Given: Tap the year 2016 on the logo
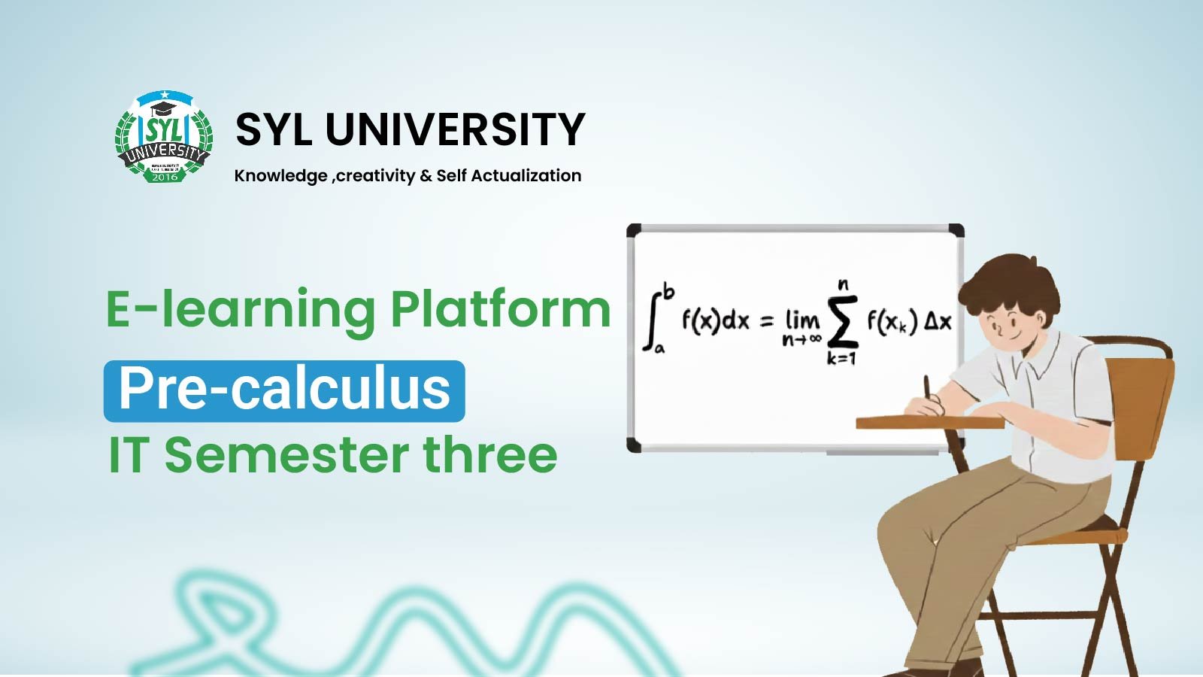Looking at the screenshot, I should pyautogui.click(x=165, y=177).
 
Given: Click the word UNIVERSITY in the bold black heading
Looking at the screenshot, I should pyautogui.click(x=455, y=129).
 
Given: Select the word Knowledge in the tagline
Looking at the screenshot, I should pyautogui.click(x=280, y=176).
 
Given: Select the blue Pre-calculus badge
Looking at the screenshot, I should pyautogui.click(x=284, y=390).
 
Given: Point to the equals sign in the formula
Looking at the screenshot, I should pyautogui.click(x=766, y=322).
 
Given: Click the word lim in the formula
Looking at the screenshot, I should pyautogui.click(x=801, y=320).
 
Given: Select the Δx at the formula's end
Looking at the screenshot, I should pyautogui.click(x=938, y=322).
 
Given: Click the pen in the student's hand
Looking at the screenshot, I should pyautogui.click(x=928, y=387).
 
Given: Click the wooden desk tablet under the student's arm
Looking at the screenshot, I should pyautogui.click(x=929, y=422).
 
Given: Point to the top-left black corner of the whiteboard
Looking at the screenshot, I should pyautogui.click(x=634, y=230).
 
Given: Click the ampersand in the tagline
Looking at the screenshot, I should pyautogui.click(x=426, y=176).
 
